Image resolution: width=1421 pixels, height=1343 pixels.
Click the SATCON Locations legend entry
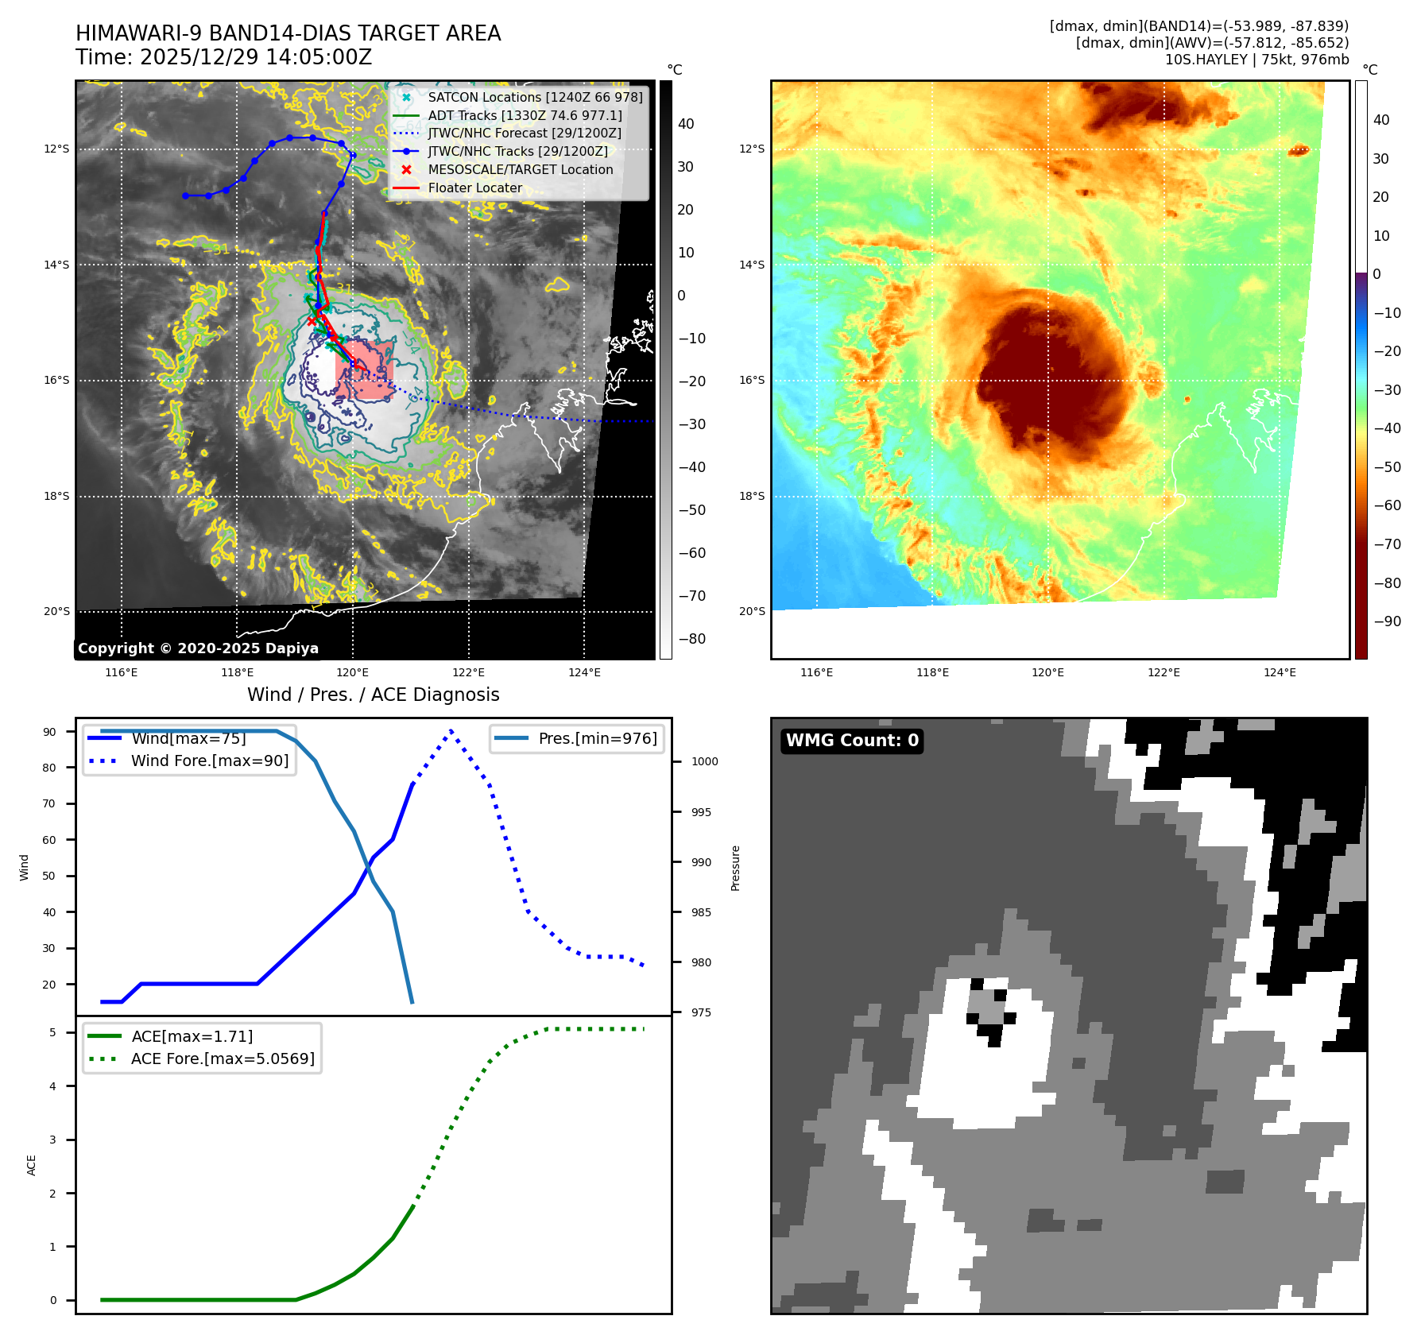click(535, 97)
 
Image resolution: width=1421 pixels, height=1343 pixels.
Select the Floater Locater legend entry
click(475, 188)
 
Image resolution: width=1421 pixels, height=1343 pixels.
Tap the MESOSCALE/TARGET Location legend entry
click(521, 170)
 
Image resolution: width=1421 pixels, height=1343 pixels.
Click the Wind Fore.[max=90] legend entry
click(210, 761)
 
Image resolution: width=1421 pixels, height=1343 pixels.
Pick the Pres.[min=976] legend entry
click(598, 738)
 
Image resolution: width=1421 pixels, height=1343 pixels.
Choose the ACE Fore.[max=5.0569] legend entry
click(223, 1059)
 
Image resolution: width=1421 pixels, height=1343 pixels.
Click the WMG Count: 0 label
click(852, 741)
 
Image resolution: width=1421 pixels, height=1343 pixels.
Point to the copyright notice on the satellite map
click(198, 648)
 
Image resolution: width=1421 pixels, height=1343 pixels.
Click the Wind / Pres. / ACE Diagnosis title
click(374, 695)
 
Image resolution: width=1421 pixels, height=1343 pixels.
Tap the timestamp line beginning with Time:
click(224, 57)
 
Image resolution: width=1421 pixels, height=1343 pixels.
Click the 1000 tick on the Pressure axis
click(704, 761)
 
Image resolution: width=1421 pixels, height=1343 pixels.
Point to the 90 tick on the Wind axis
click(49, 732)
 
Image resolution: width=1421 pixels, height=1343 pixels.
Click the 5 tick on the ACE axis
click(52, 1032)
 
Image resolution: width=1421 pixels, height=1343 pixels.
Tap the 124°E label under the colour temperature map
click(1280, 672)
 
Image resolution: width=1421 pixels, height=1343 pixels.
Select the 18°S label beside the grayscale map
click(56, 497)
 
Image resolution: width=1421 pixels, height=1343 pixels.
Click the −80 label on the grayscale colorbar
click(691, 639)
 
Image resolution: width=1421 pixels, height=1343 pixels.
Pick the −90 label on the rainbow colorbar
click(1387, 621)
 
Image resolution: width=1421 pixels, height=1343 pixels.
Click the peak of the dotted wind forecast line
click(451, 730)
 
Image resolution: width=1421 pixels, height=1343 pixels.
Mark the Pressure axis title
click(736, 868)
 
